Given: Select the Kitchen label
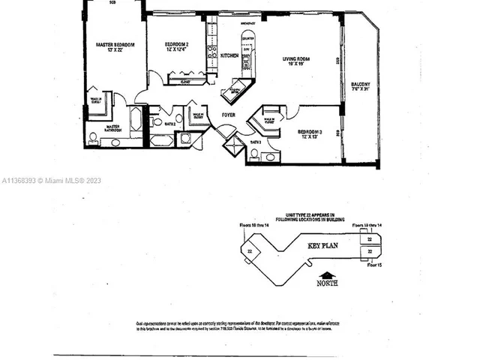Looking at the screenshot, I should [229, 55].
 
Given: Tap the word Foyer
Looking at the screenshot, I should [228, 115].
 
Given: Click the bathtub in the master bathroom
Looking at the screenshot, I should [136, 120].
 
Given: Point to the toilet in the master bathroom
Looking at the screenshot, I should [93, 137].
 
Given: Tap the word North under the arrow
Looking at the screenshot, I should [326, 283].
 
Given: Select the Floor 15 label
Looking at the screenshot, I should [374, 265].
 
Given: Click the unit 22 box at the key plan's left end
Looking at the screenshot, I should [249, 252].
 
